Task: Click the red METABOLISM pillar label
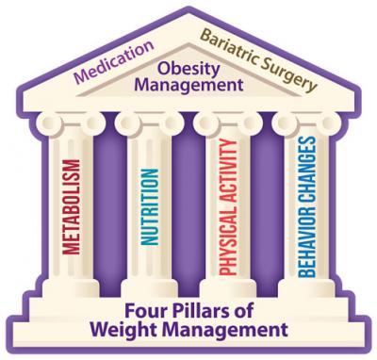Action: tap(70, 212)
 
